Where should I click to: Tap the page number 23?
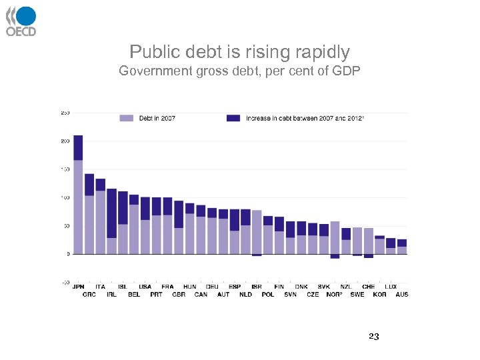click(373, 337)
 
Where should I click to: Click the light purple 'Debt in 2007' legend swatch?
click(127, 118)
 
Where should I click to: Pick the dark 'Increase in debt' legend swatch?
click(233, 118)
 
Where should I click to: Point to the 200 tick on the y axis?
click(65, 141)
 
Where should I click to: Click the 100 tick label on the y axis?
click(65, 198)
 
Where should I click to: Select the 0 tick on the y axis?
click(67, 254)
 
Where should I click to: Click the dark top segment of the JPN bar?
click(78, 147)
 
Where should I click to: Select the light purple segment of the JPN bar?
click(78, 207)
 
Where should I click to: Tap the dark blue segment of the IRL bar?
click(111, 213)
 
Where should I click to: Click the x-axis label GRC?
click(89, 294)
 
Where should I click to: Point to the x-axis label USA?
click(145, 287)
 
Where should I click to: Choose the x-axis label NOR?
click(334, 294)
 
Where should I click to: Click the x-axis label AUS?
click(402, 294)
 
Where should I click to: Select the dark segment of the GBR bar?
click(179, 214)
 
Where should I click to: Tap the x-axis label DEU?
click(212, 287)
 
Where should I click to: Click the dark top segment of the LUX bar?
click(391, 243)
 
